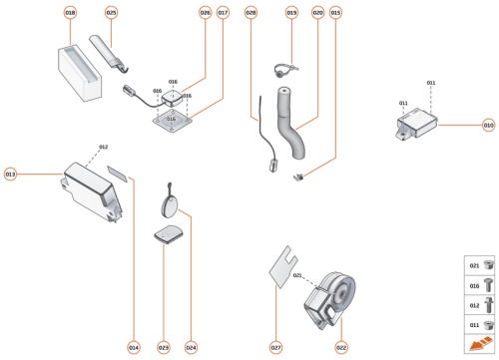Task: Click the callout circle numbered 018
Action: click(70, 13)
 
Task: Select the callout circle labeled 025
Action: click(111, 13)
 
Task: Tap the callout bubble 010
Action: click(488, 126)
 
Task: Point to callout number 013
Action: click(11, 174)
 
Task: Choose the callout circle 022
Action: click(341, 347)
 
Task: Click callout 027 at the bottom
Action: click(276, 347)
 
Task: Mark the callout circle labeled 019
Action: click(291, 13)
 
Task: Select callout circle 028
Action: click(250, 13)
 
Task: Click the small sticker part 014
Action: click(119, 174)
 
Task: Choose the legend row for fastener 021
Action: click(480, 266)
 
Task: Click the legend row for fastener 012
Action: click(480, 304)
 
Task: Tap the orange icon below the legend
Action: click(480, 345)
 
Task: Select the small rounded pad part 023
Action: click(167, 234)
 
